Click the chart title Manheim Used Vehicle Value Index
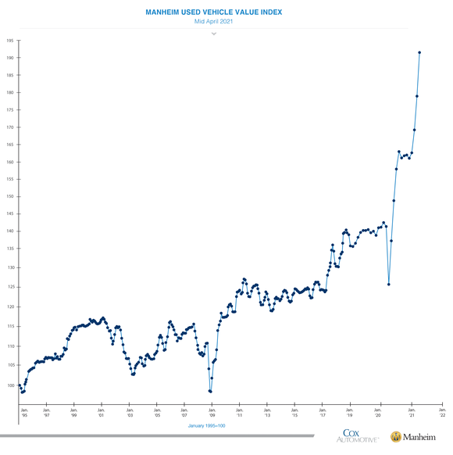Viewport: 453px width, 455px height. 213,13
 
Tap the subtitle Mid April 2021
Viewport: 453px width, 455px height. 213,22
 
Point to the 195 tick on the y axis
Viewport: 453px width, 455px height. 10,40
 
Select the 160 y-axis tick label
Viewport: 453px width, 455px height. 10,162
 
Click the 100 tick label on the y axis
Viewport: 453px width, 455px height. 10,385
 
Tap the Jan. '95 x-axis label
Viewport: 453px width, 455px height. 23,411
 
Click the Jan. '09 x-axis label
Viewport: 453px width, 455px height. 212,411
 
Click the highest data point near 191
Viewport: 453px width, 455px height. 419,52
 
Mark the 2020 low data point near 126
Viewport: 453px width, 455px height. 389,284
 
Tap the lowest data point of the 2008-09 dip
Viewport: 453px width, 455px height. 211,391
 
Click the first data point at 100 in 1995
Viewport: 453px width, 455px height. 20,385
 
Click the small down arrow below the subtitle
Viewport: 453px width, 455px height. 213,34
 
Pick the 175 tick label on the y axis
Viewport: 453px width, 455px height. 10,109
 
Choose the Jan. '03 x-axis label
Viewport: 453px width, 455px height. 130,411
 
